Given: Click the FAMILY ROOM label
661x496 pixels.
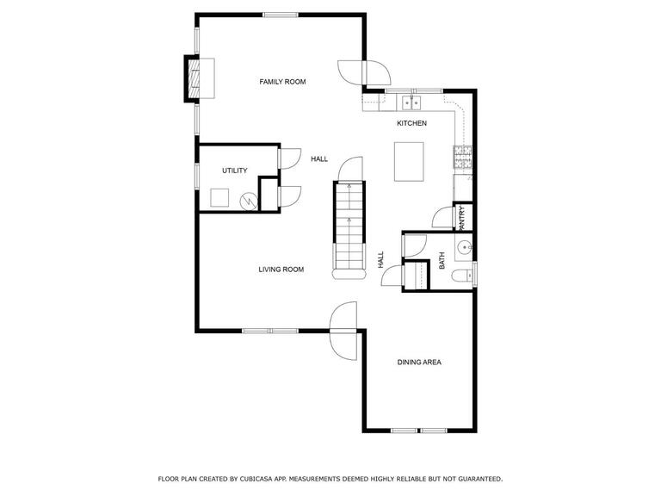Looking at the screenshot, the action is click(282, 82).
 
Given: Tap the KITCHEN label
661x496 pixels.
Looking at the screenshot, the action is click(412, 123).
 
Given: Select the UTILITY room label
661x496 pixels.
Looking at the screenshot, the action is click(235, 170).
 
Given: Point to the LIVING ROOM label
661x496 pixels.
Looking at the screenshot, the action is click(281, 270).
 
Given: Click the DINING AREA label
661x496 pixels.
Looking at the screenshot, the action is click(419, 363).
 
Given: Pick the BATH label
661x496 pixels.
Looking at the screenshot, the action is click(442, 261).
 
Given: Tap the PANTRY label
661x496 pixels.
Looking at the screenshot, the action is click(462, 218).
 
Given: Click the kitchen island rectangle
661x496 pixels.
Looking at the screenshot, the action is click(409, 162).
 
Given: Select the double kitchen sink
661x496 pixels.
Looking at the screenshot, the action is click(411, 102).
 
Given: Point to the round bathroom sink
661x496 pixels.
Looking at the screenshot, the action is click(465, 247).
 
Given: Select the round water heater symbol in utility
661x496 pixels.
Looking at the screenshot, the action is click(249, 202).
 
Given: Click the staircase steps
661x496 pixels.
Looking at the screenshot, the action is click(349, 226).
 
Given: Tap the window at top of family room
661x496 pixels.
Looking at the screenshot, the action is click(281, 15).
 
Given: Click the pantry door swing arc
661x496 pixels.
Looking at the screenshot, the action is click(440, 216).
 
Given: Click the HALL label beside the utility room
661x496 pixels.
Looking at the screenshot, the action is click(319, 159).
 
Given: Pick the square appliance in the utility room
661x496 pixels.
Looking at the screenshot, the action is click(219, 198).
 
